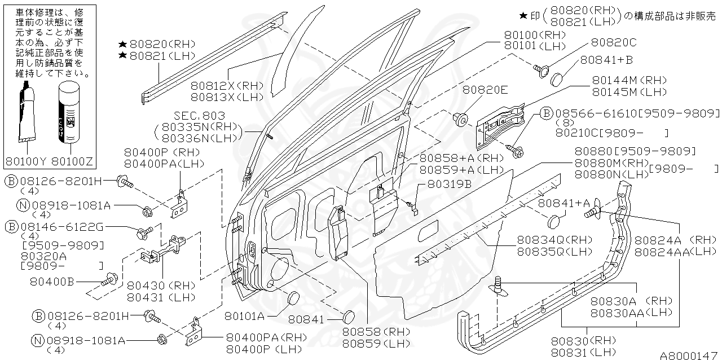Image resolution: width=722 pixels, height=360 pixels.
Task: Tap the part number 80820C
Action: click(x=614, y=43)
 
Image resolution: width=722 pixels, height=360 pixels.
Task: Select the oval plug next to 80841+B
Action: click(x=558, y=78)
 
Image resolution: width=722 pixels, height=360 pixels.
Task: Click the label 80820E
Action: click(x=485, y=89)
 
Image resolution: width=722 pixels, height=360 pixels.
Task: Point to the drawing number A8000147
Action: click(x=688, y=355)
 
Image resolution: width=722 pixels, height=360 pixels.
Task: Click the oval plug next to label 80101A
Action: click(x=293, y=299)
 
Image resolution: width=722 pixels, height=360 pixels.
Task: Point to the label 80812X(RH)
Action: click(x=227, y=86)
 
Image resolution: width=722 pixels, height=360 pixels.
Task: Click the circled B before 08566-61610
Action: click(x=545, y=113)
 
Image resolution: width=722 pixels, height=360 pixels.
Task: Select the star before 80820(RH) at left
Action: click(x=122, y=44)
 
